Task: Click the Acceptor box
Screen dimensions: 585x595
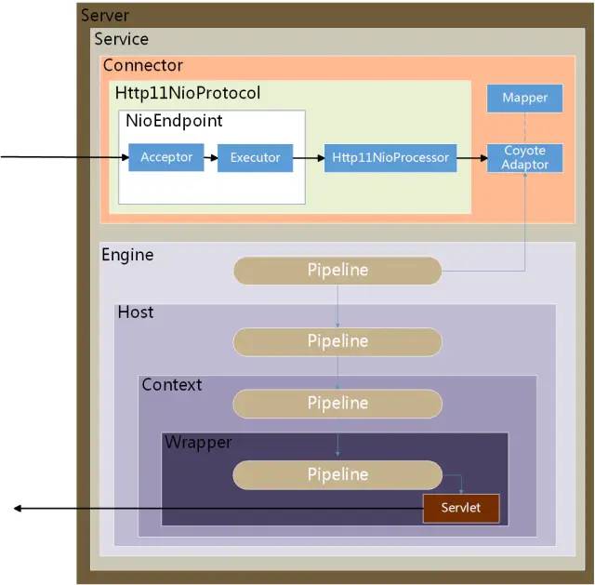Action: (x=166, y=157)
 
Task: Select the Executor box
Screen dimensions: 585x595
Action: (x=255, y=157)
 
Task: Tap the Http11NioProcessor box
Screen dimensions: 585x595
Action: (x=390, y=157)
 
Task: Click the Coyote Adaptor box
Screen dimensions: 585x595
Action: (x=524, y=157)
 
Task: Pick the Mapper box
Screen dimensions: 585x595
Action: (x=524, y=98)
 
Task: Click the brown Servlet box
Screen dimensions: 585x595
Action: (x=461, y=508)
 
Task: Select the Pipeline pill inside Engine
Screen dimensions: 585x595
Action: (x=337, y=271)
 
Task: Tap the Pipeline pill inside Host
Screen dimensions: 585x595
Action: (x=337, y=341)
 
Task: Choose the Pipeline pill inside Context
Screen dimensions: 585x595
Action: (x=337, y=404)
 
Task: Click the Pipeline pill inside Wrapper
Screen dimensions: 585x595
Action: (x=337, y=474)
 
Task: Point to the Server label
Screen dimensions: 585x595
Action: (x=105, y=16)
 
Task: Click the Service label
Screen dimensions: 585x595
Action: (x=121, y=39)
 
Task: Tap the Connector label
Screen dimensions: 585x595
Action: (x=143, y=65)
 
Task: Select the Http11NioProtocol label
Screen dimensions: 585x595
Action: (x=188, y=93)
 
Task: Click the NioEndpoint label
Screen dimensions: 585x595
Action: (x=174, y=121)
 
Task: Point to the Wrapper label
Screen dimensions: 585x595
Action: (x=198, y=442)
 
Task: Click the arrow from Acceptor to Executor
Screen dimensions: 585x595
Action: (x=209, y=157)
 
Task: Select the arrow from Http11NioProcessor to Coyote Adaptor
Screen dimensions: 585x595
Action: (x=473, y=157)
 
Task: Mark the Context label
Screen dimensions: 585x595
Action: (x=171, y=384)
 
